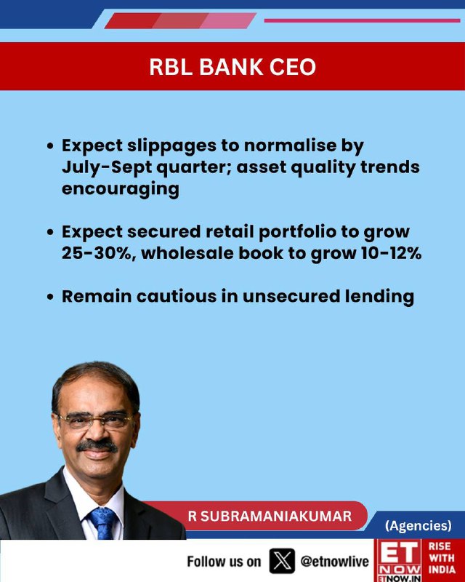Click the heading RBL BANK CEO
pos(232,67)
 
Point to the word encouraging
pos(121,189)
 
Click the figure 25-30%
pos(98,253)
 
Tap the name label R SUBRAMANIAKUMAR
pos(270,517)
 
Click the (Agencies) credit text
pos(418,525)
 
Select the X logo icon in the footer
pos(282,561)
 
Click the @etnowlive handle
pos(334,562)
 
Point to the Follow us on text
pos(224,562)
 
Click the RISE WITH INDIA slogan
pos(442,558)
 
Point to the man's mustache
pos(97,446)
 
